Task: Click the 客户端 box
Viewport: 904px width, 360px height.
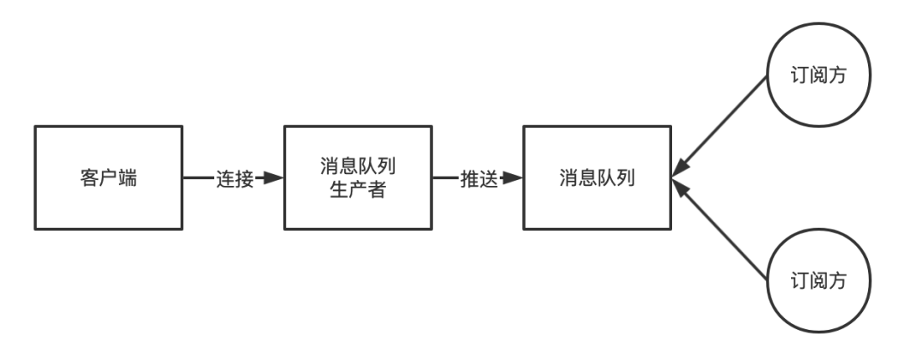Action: (109, 177)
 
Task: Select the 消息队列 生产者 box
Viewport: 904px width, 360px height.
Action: (357, 177)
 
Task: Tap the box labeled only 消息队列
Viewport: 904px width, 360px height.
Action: (597, 177)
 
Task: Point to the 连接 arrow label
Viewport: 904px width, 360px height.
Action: (235, 178)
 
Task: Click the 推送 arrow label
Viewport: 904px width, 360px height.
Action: (479, 178)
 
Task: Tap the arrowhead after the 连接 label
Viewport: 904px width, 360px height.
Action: (273, 178)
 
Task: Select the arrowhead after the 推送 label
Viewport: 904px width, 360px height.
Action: (512, 178)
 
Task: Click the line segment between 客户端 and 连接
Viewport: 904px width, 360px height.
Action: (199, 178)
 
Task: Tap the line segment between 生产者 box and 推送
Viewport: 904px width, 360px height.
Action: (444, 178)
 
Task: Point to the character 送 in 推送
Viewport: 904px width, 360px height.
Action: (489, 178)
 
